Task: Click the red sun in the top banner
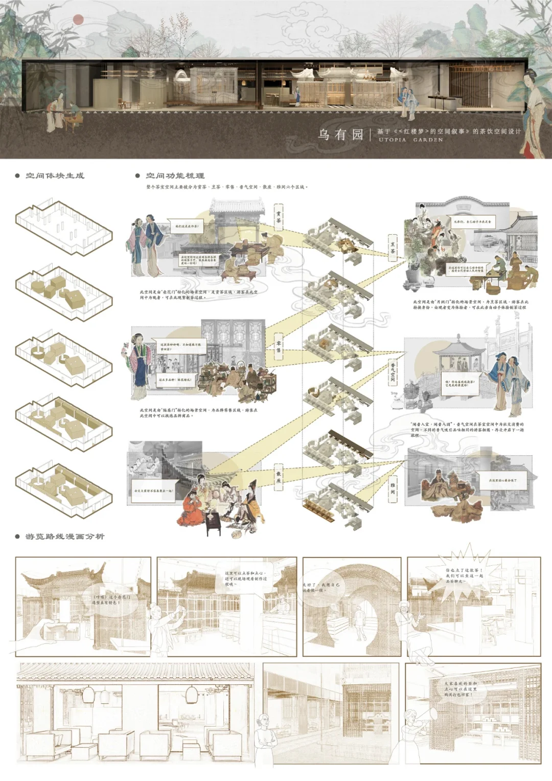pyautogui.click(x=78, y=20)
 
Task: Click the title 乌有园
pyautogui.click(x=340, y=135)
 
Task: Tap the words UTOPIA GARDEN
pyautogui.click(x=410, y=140)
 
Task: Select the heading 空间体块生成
pyautogui.click(x=55, y=175)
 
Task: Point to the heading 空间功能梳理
pyautogui.click(x=175, y=175)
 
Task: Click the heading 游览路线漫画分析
pyautogui.click(x=64, y=537)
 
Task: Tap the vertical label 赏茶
pyautogui.click(x=279, y=217)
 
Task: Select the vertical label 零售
pyautogui.click(x=279, y=347)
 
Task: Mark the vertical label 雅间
pyautogui.click(x=393, y=488)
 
